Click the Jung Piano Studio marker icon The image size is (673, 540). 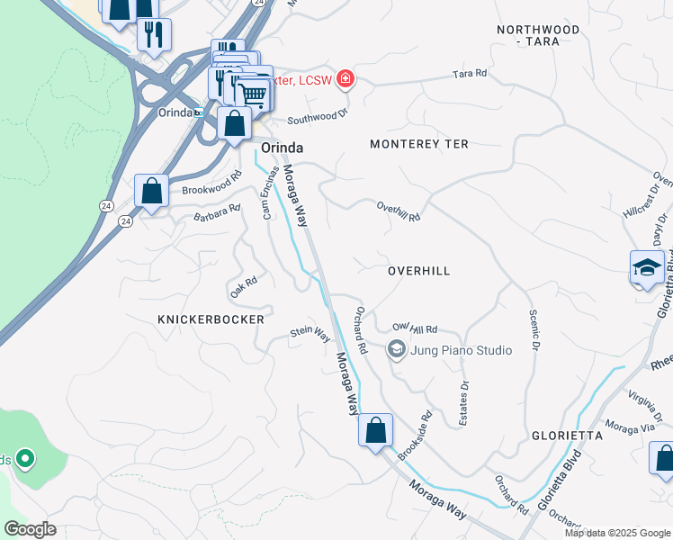(395, 349)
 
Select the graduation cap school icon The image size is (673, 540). (646, 268)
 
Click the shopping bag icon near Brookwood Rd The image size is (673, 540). (151, 192)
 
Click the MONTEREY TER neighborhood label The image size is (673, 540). (419, 144)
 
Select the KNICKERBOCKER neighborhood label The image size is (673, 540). (211, 319)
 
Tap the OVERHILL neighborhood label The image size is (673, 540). (418, 271)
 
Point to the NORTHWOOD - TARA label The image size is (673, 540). (539, 36)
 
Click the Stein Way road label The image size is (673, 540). (310, 333)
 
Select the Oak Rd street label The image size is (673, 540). (244, 287)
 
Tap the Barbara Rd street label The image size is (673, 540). (217, 212)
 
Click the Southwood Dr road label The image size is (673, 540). (317, 116)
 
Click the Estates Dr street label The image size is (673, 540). (464, 397)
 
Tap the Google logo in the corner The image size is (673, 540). (30, 529)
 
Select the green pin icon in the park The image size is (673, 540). (25, 459)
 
